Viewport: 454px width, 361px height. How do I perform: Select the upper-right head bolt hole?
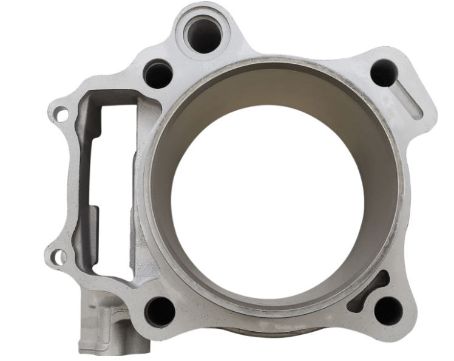(384, 73)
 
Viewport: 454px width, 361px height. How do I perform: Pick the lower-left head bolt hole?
(160, 311)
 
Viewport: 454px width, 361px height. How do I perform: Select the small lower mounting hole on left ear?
(58, 257)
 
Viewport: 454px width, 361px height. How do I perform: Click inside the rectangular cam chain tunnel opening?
(112, 182)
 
